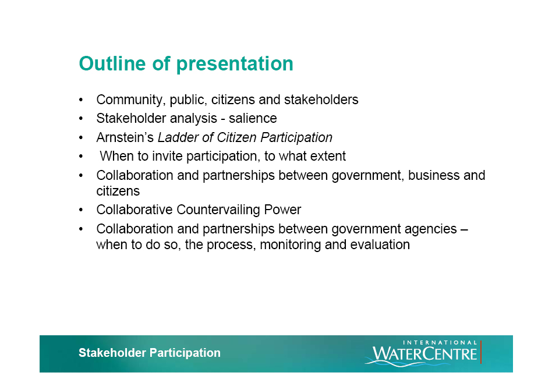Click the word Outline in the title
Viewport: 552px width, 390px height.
click(x=112, y=63)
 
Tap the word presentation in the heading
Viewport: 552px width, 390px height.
click(x=235, y=65)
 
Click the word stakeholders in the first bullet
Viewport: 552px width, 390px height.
click(x=321, y=100)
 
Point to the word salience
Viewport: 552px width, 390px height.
click(x=253, y=118)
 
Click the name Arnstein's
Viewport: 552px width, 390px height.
click(x=125, y=137)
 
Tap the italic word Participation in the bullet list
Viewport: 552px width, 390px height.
click(x=296, y=137)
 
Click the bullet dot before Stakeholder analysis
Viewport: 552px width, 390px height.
click(x=81, y=119)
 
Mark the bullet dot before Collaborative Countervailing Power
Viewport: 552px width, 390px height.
click(x=81, y=210)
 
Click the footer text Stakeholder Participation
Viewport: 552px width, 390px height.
click(x=150, y=353)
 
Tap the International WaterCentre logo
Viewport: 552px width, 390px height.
click(x=423, y=353)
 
